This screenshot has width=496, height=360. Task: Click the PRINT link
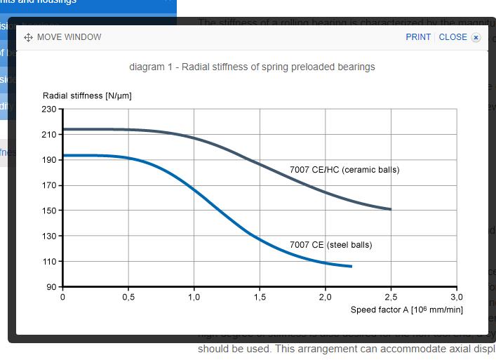pyautogui.click(x=418, y=37)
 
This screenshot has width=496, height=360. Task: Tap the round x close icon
pyautogui.click(x=476, y=38)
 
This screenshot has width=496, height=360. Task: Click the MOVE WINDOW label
pyautogui.click(x=69, y=37)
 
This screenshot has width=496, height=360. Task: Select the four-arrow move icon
pyautogui.click(x=29, y=38)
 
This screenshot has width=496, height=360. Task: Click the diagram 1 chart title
pyautogui.click(x=252, y=67)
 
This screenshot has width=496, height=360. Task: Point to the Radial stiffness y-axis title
pyautogui.click(x=87, y=95)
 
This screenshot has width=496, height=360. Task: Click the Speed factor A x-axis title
pyautogui.click(x=407, y=309)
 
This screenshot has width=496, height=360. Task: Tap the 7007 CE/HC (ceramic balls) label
pyautogui.click(x=344, y=170)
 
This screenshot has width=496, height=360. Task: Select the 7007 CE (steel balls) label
pyautogui.click(x=331, y=245)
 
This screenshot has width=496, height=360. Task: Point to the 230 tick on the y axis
pyautogui.click(x=48, y=109)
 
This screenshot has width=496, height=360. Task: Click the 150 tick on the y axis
pyautogui.click(x=48, y=211)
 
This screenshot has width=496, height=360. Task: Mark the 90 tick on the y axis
pyautogui.click(x=51, y=287)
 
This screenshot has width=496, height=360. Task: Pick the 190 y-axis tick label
pyautogui.click(x=48, y=160)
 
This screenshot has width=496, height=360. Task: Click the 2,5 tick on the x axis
pyautogui.click(x=391, y=297)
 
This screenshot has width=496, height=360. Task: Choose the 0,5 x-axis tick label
pyautogui.click(x=128, y=297)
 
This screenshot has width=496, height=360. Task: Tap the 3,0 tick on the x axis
pyautogui.click(x=457, y=297)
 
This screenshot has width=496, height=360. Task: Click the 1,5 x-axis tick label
pyautogui.click(x=260, y=297)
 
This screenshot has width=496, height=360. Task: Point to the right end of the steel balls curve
pyautogui.click(x=351, y=267)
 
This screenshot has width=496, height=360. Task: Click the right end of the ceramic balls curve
pyautogui.click(x=391, y=209)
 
